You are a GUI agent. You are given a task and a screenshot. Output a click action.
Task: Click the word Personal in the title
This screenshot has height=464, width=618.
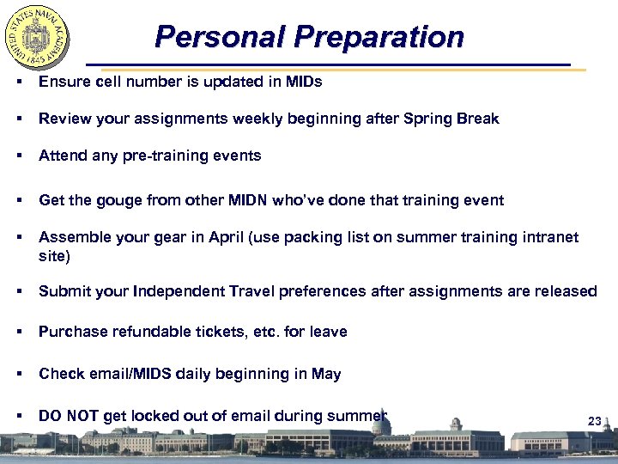pos(219,37)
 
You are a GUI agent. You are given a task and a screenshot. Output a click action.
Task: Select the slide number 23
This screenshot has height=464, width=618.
pos(594,421)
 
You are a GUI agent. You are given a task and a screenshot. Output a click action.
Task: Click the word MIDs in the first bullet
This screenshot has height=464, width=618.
pos(304,82)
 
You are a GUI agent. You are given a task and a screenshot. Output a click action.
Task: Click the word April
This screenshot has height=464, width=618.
pos(227,237)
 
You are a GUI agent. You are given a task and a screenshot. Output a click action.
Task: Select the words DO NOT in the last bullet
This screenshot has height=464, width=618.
pos(69,416)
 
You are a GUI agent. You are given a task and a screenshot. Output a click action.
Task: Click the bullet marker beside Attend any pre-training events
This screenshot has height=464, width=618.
pos(18,156)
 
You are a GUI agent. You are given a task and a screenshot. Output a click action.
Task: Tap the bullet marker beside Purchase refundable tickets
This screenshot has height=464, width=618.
pos(18,332)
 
